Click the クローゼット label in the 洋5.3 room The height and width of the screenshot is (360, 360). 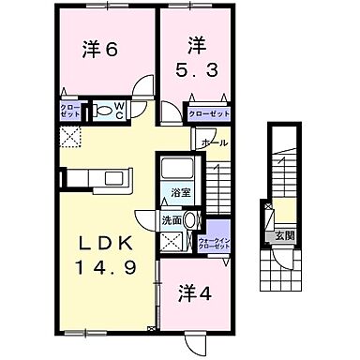click(x=208, y=112)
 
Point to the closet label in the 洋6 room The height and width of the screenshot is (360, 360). click(x=71, y=111)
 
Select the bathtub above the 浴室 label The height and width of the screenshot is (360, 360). click(x=179, y=172)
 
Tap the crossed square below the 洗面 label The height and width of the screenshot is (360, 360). click(x=172, y=241)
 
